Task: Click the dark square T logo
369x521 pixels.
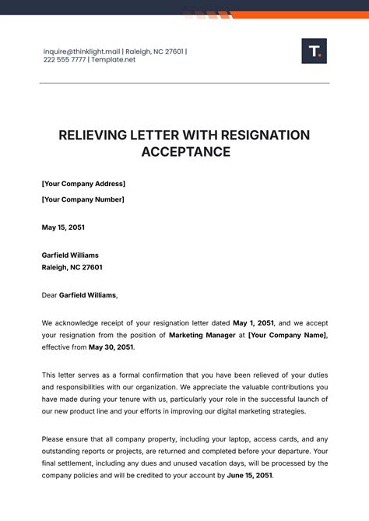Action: [314, 51]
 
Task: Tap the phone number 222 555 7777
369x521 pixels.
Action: [65, 60]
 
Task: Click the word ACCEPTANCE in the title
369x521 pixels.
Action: [185, 152]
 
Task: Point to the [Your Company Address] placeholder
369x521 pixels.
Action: [83, 184]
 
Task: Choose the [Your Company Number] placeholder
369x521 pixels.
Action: [83, 199]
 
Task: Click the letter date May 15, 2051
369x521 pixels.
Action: [63, 227]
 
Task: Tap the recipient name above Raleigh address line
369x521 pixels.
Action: [70, 255]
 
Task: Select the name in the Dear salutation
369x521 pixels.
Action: [87, 295]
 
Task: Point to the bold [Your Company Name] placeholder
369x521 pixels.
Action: [287, 336]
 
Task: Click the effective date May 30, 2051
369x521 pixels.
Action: [111, 348]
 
